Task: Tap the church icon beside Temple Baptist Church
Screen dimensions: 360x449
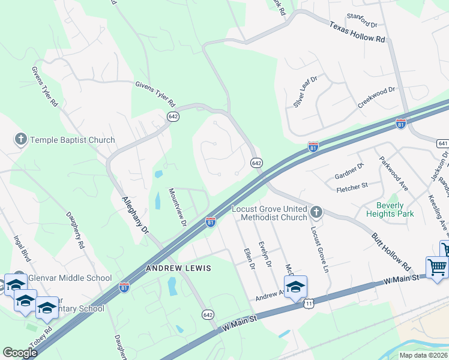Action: [21, 140]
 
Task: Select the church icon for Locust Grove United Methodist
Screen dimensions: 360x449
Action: [316, 212]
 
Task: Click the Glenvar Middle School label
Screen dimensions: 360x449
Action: [73, 278]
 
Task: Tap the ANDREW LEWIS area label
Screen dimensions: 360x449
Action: [179, 268]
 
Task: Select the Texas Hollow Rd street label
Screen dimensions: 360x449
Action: [357, 32]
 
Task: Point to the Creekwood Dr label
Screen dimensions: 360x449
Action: [376, 97]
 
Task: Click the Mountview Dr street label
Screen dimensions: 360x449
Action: [178, 207]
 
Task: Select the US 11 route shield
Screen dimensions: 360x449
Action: [309, 305]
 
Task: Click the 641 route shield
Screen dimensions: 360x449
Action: [443, 143]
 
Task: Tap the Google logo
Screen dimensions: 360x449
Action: [20, 353]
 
